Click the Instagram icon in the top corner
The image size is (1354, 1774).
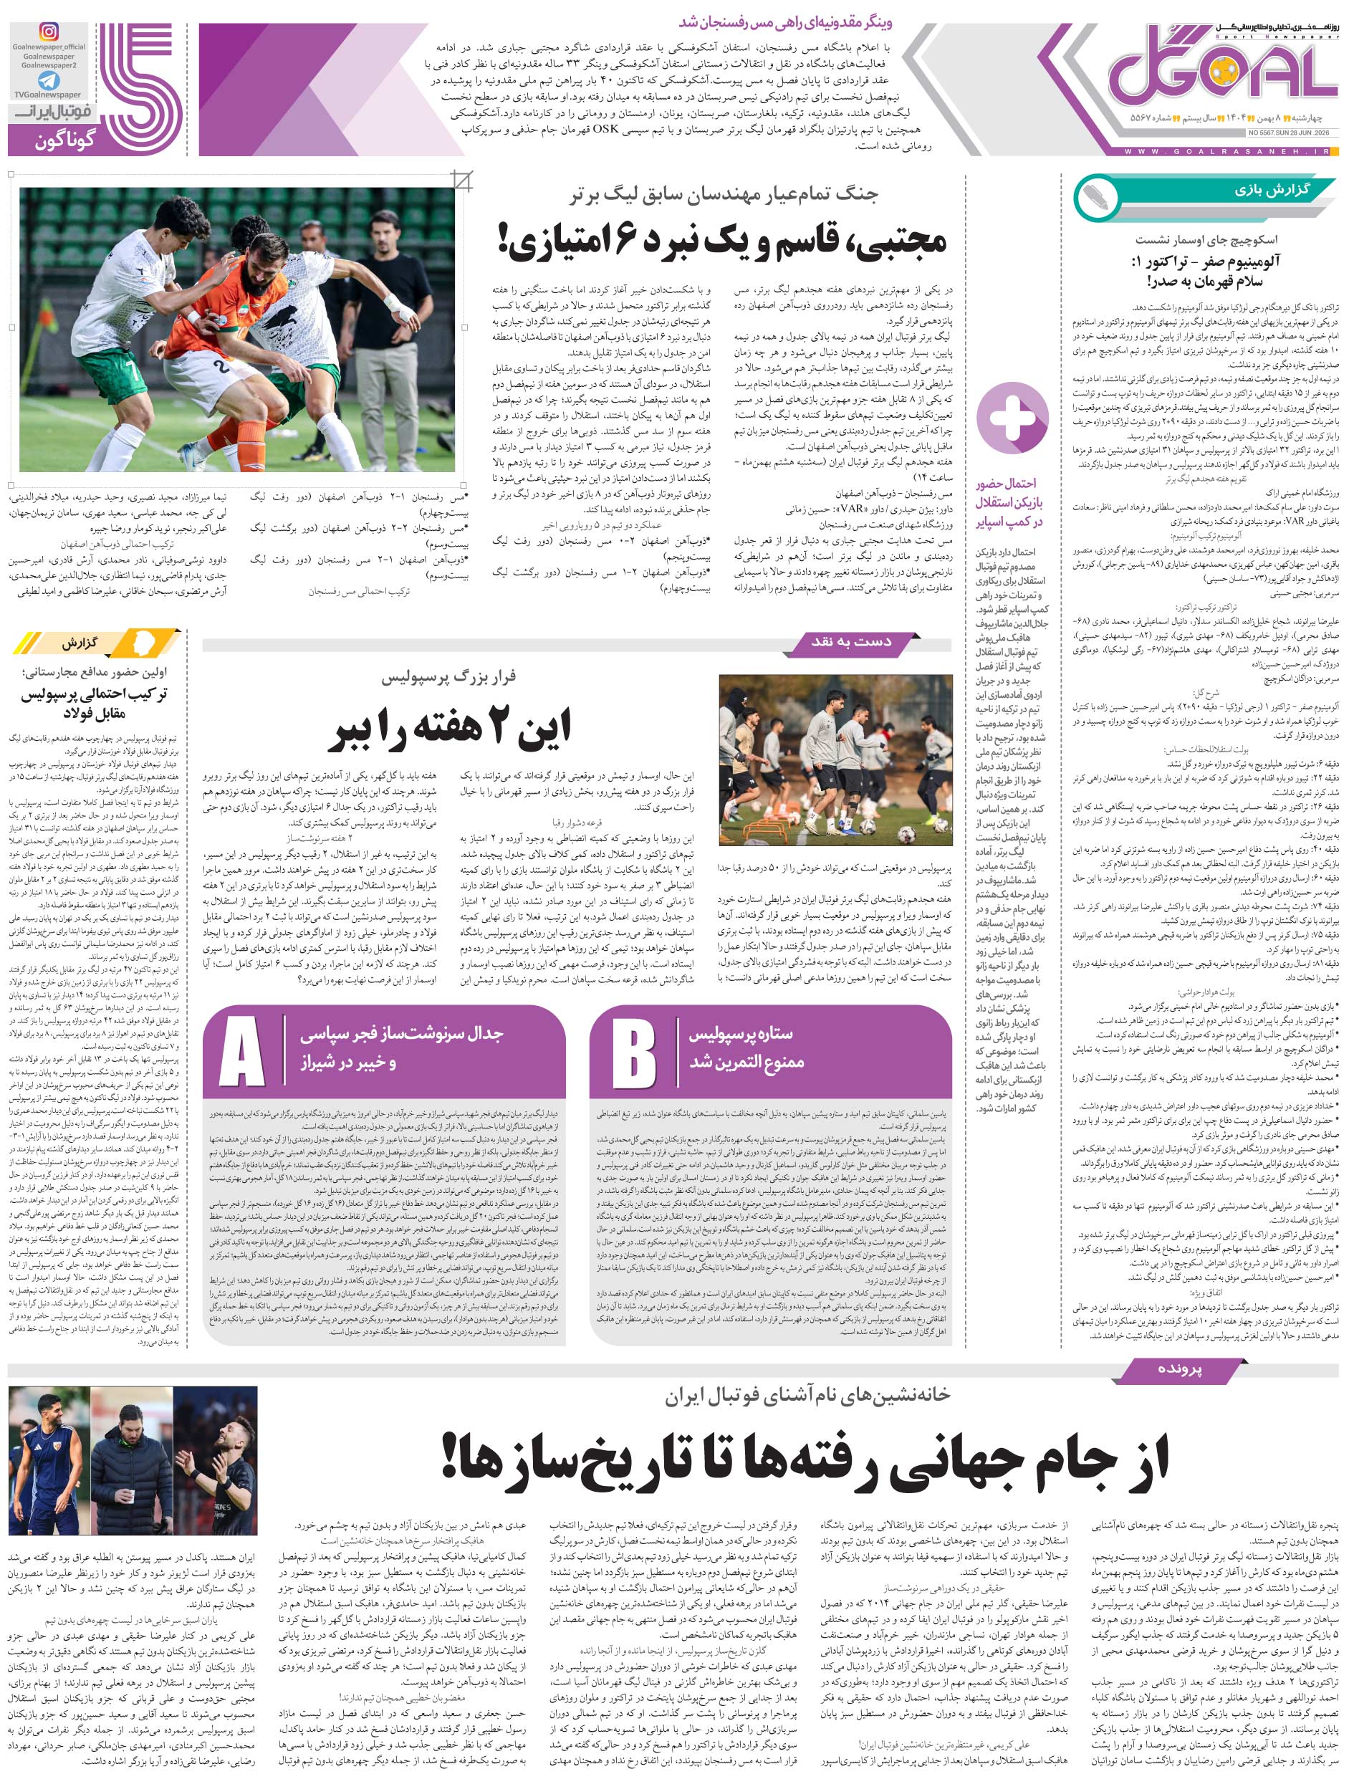click(x=49, y=32)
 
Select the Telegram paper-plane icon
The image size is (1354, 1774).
click(x=49, y=80)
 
